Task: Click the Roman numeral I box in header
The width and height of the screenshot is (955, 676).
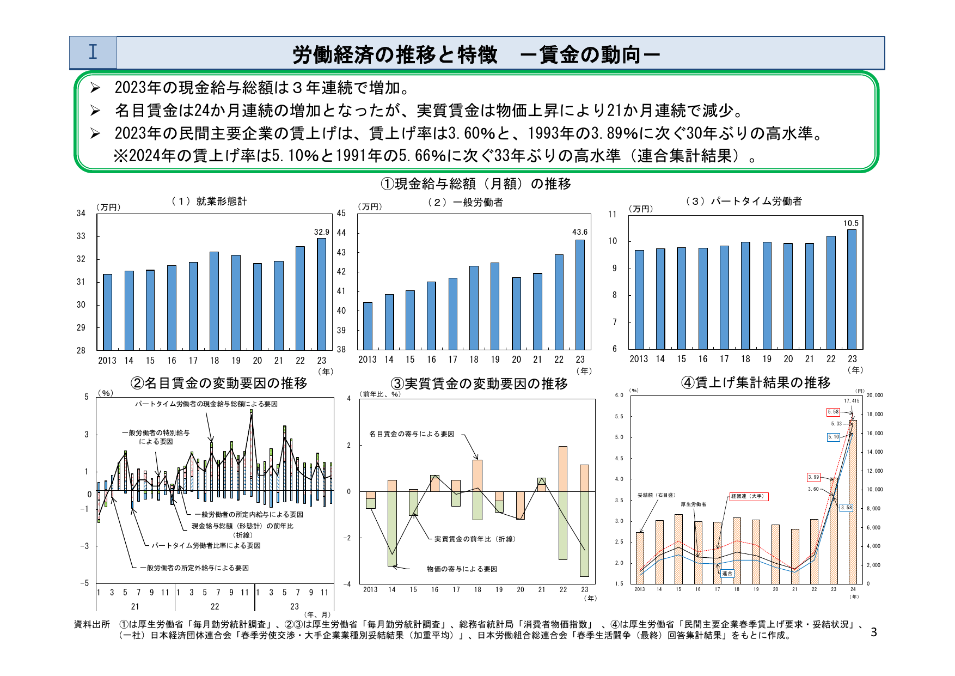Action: pyautogui.click(x=93, y=52)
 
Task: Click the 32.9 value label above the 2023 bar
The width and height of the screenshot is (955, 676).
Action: pyautogui.click(x=321, y=232)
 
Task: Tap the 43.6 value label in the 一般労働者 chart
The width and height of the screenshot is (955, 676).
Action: pyautogui.click(x=580, y=232)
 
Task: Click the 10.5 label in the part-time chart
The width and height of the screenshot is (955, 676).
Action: pyautogui.click(x=850, y=223)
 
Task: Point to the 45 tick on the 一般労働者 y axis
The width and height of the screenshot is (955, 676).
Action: pyautogui.click(x=341, y=214)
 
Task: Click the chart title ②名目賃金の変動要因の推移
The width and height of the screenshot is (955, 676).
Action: pyautogui.click(x=219, y=383)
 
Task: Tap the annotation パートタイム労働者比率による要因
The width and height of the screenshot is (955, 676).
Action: pyautogui.click(x=206, y=545)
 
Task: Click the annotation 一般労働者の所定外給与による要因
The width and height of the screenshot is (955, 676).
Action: pyautogui.click(x=194, y=568)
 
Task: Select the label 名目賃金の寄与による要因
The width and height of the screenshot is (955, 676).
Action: pyautogui.click(x=412, y=434)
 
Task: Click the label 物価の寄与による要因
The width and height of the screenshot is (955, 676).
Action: pyautogui.click(x=462, y=569)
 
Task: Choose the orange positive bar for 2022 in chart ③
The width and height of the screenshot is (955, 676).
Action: pyautogui.click(x=563, y=468)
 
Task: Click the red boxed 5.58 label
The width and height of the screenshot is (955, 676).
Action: pyautogui.click(x=833, y=412)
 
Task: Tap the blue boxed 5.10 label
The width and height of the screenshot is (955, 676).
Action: pyautogui.click(x=834, y=437)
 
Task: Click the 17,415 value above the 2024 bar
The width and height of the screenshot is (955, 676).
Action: pyautogui.click(x=852, y=401)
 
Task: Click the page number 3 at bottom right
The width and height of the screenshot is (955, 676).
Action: pyautogui.click(x=874, y=632)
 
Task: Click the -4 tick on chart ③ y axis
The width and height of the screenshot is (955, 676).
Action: pyautogui.click(x=348, y=584)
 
